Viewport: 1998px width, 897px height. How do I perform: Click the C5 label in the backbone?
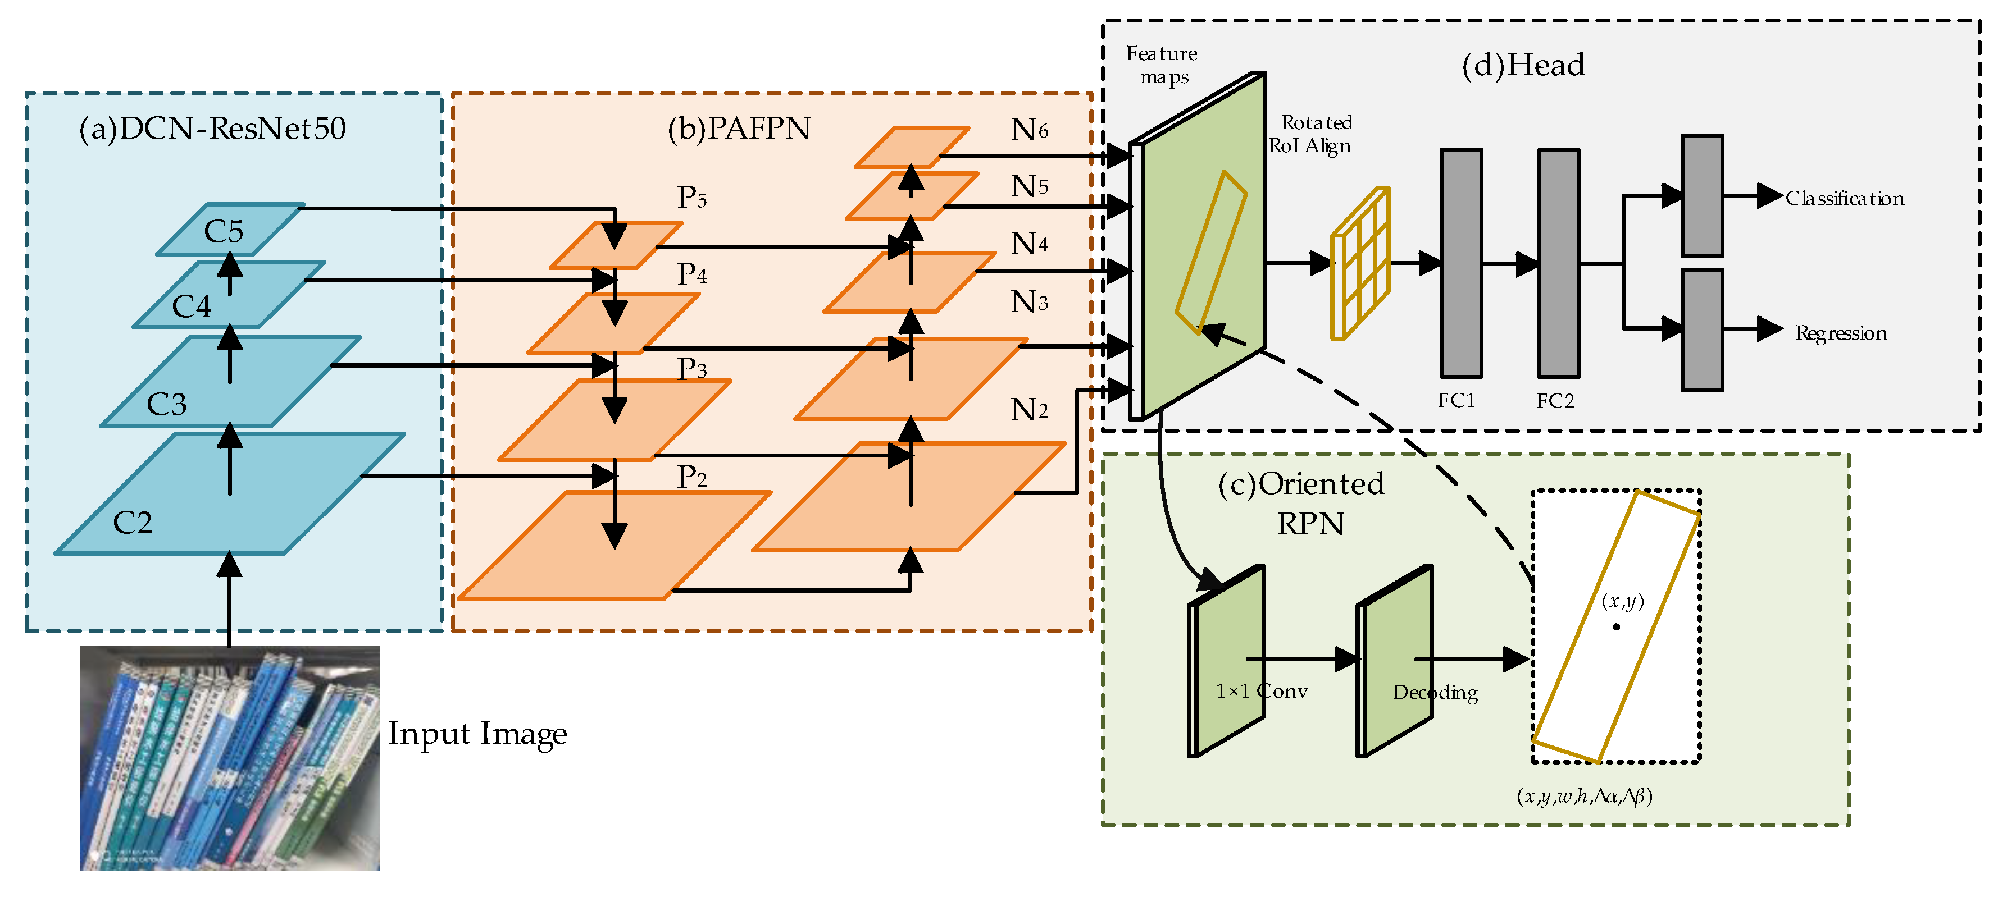pos(224,231)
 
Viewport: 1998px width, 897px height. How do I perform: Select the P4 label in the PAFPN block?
pos(691,274)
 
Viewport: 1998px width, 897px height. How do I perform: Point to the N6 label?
pos(1029,130)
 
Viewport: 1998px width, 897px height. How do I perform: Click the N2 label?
pos(1029,409)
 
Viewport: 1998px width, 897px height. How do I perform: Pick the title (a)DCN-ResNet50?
pos(212,129)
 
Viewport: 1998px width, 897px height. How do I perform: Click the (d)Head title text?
pos(1523,65)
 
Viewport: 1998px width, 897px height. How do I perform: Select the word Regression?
pos(1841,333)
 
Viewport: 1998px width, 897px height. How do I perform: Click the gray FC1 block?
pos(1460,264)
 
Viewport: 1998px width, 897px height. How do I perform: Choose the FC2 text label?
pos(1555,401)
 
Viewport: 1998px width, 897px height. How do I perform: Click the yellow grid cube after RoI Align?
pos(1360,264)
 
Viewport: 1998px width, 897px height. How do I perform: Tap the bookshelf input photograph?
pos(230,758)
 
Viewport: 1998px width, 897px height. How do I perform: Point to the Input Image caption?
pos(477,734)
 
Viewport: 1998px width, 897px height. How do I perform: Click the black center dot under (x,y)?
pos(1617,626)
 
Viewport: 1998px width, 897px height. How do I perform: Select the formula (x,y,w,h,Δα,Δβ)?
pos(1584,796)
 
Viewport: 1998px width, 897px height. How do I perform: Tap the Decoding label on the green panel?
pos(1435,692)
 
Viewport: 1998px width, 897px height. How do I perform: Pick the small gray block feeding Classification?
pos(1702,195)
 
